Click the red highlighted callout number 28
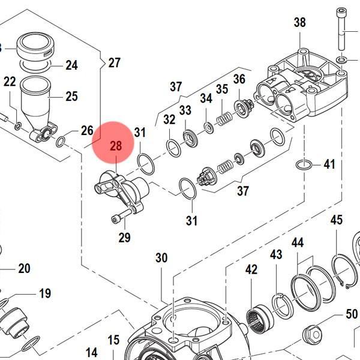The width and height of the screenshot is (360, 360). (x=116, y=146)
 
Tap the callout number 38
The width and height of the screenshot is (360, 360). (x=299, y=23)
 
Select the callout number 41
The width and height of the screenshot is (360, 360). (x=329, y=164)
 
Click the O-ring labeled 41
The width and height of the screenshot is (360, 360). (x=304, y=165)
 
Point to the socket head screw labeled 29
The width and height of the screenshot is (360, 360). (x=122, y=215)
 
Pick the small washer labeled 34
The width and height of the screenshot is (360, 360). (x=209, y=128)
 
